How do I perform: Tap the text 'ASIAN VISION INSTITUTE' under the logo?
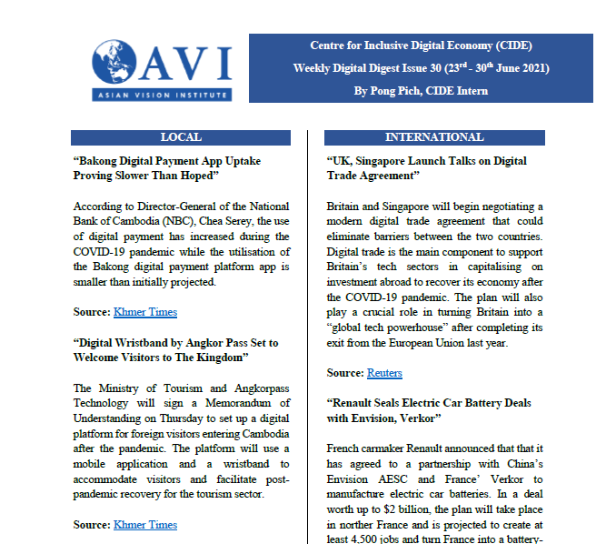point(162,95)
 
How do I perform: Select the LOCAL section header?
point(181,137)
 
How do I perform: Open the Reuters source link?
point(384,373)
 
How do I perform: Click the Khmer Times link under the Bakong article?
point(145,312)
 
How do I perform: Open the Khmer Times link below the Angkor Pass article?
point(145,525)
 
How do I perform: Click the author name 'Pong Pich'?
point(395,90)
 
